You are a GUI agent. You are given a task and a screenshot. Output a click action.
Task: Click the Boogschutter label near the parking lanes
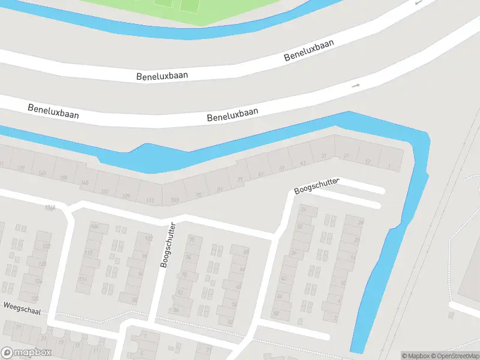click(x=317, y=186)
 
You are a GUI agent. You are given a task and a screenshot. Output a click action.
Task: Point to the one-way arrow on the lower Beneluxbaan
click(x=356, y=86)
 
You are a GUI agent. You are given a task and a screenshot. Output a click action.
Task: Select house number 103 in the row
click(x=175, y=200)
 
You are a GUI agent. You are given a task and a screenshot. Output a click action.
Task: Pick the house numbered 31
click(x=324, y=157)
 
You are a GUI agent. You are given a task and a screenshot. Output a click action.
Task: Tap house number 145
click(x=85, y=182)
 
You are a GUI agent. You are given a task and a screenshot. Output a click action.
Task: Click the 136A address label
click(x=50, y=208)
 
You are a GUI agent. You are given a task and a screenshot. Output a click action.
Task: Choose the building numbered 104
click(x=94, y=226)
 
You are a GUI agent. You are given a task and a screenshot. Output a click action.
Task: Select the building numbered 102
click(x=149, y=238)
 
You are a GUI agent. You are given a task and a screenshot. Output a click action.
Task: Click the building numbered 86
click(x=176, y=310)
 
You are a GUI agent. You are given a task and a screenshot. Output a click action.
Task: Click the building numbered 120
click(x=35, y=298)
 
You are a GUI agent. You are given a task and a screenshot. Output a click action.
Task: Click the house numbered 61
click(x=260, y=174)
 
